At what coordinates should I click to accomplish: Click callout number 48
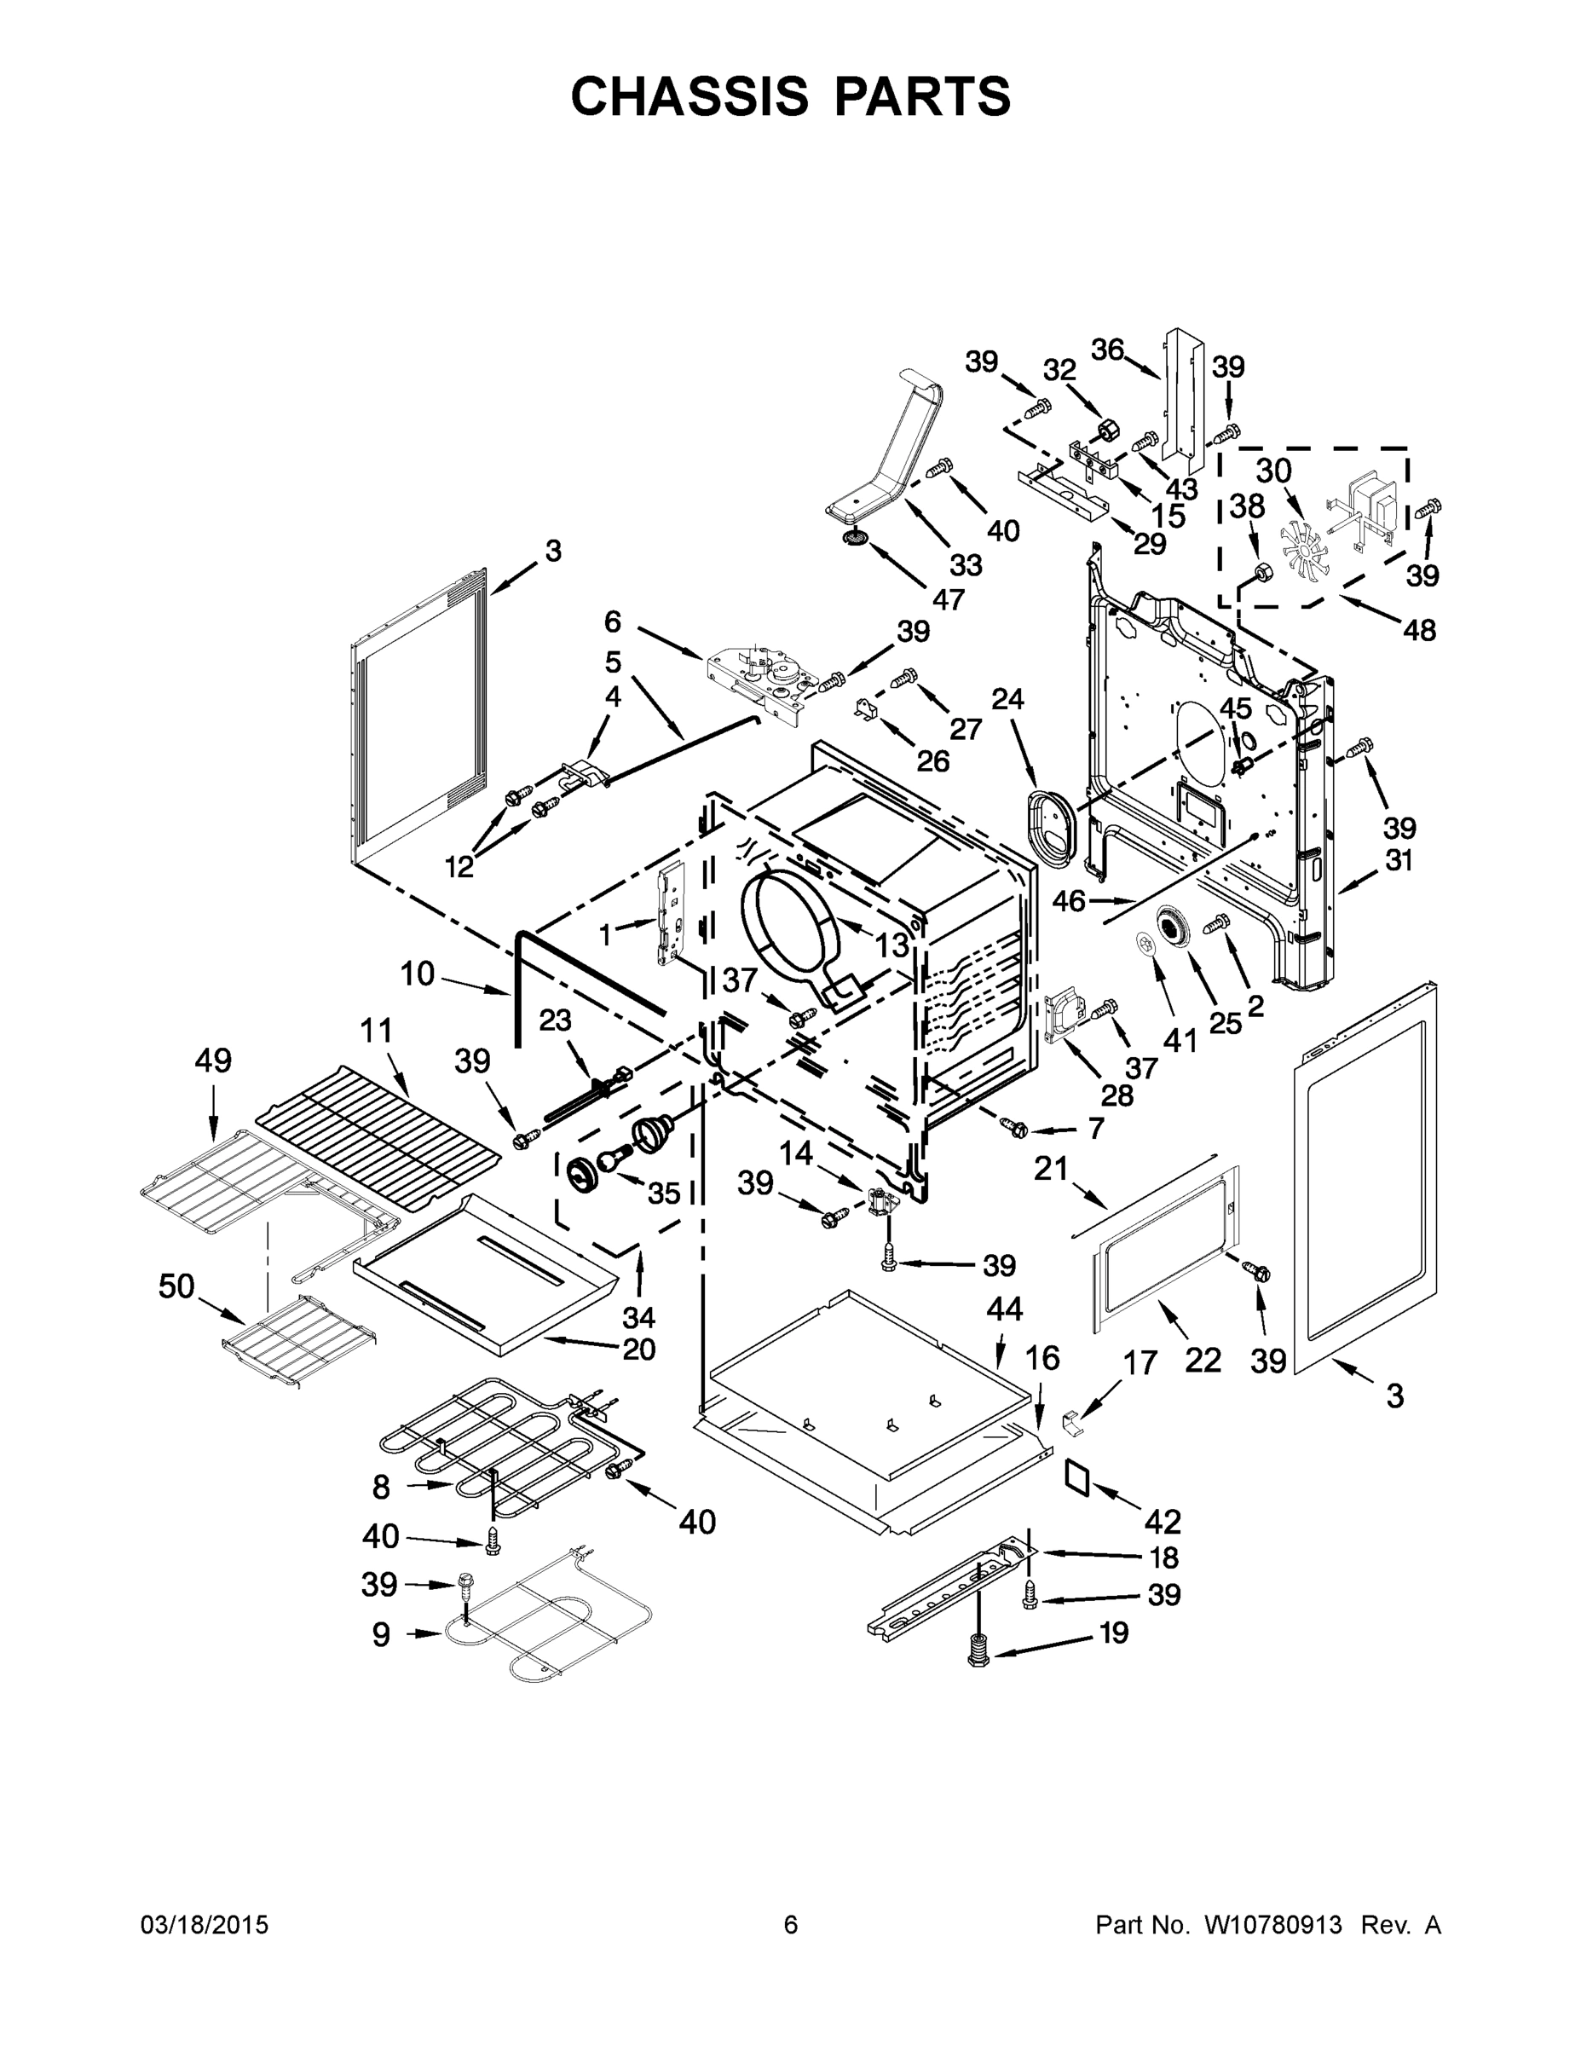coord(1419,631)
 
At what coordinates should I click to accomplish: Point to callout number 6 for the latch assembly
coord(613,621)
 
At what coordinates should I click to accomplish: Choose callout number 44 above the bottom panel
coord(1004,1309)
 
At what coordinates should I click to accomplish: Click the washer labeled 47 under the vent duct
coord(854,538)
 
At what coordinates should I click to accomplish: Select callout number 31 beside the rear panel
coord(1398,860)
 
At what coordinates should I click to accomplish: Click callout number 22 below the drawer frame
coord(1203,1360)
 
